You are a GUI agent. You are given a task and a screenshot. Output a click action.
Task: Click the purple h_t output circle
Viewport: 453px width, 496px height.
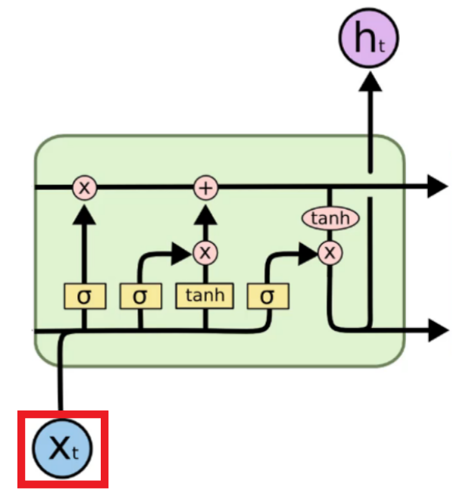[369, 39]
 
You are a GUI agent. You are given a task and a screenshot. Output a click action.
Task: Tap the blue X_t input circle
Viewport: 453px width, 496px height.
[62, 448]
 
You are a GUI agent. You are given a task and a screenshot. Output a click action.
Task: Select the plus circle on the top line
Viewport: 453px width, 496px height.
[206, 188]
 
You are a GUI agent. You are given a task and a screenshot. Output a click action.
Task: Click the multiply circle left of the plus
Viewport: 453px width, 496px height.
[85, 188]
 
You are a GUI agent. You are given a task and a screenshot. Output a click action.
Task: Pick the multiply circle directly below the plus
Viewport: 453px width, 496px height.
[205, 253]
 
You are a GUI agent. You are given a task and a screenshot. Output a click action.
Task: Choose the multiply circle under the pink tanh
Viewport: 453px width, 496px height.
[330, 253]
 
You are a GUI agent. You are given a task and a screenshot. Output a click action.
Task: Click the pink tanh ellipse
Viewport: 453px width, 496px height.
[330, 218]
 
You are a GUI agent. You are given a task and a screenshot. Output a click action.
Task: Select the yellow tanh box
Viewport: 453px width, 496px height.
[205, 296]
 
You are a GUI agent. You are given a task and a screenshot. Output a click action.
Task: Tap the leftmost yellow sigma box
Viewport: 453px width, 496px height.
[85, 296]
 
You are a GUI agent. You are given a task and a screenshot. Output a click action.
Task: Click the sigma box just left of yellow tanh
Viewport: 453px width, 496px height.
[141, 296]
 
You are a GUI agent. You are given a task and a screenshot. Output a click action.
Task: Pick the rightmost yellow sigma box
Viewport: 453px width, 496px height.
[268, 296]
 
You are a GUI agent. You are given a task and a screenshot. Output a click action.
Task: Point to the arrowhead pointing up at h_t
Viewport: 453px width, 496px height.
[370, 82]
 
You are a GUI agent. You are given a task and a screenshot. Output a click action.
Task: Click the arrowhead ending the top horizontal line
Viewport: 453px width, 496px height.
[438, 186]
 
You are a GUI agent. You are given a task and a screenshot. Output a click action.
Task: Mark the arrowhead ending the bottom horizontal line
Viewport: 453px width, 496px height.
[439, 330]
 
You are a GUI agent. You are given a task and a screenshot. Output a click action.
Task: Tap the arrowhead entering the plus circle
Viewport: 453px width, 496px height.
[205, 215]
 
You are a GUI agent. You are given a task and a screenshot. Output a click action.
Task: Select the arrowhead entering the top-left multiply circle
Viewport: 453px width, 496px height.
[84, 215]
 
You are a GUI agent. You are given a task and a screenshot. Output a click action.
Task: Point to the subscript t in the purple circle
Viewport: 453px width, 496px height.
[382, 46]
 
